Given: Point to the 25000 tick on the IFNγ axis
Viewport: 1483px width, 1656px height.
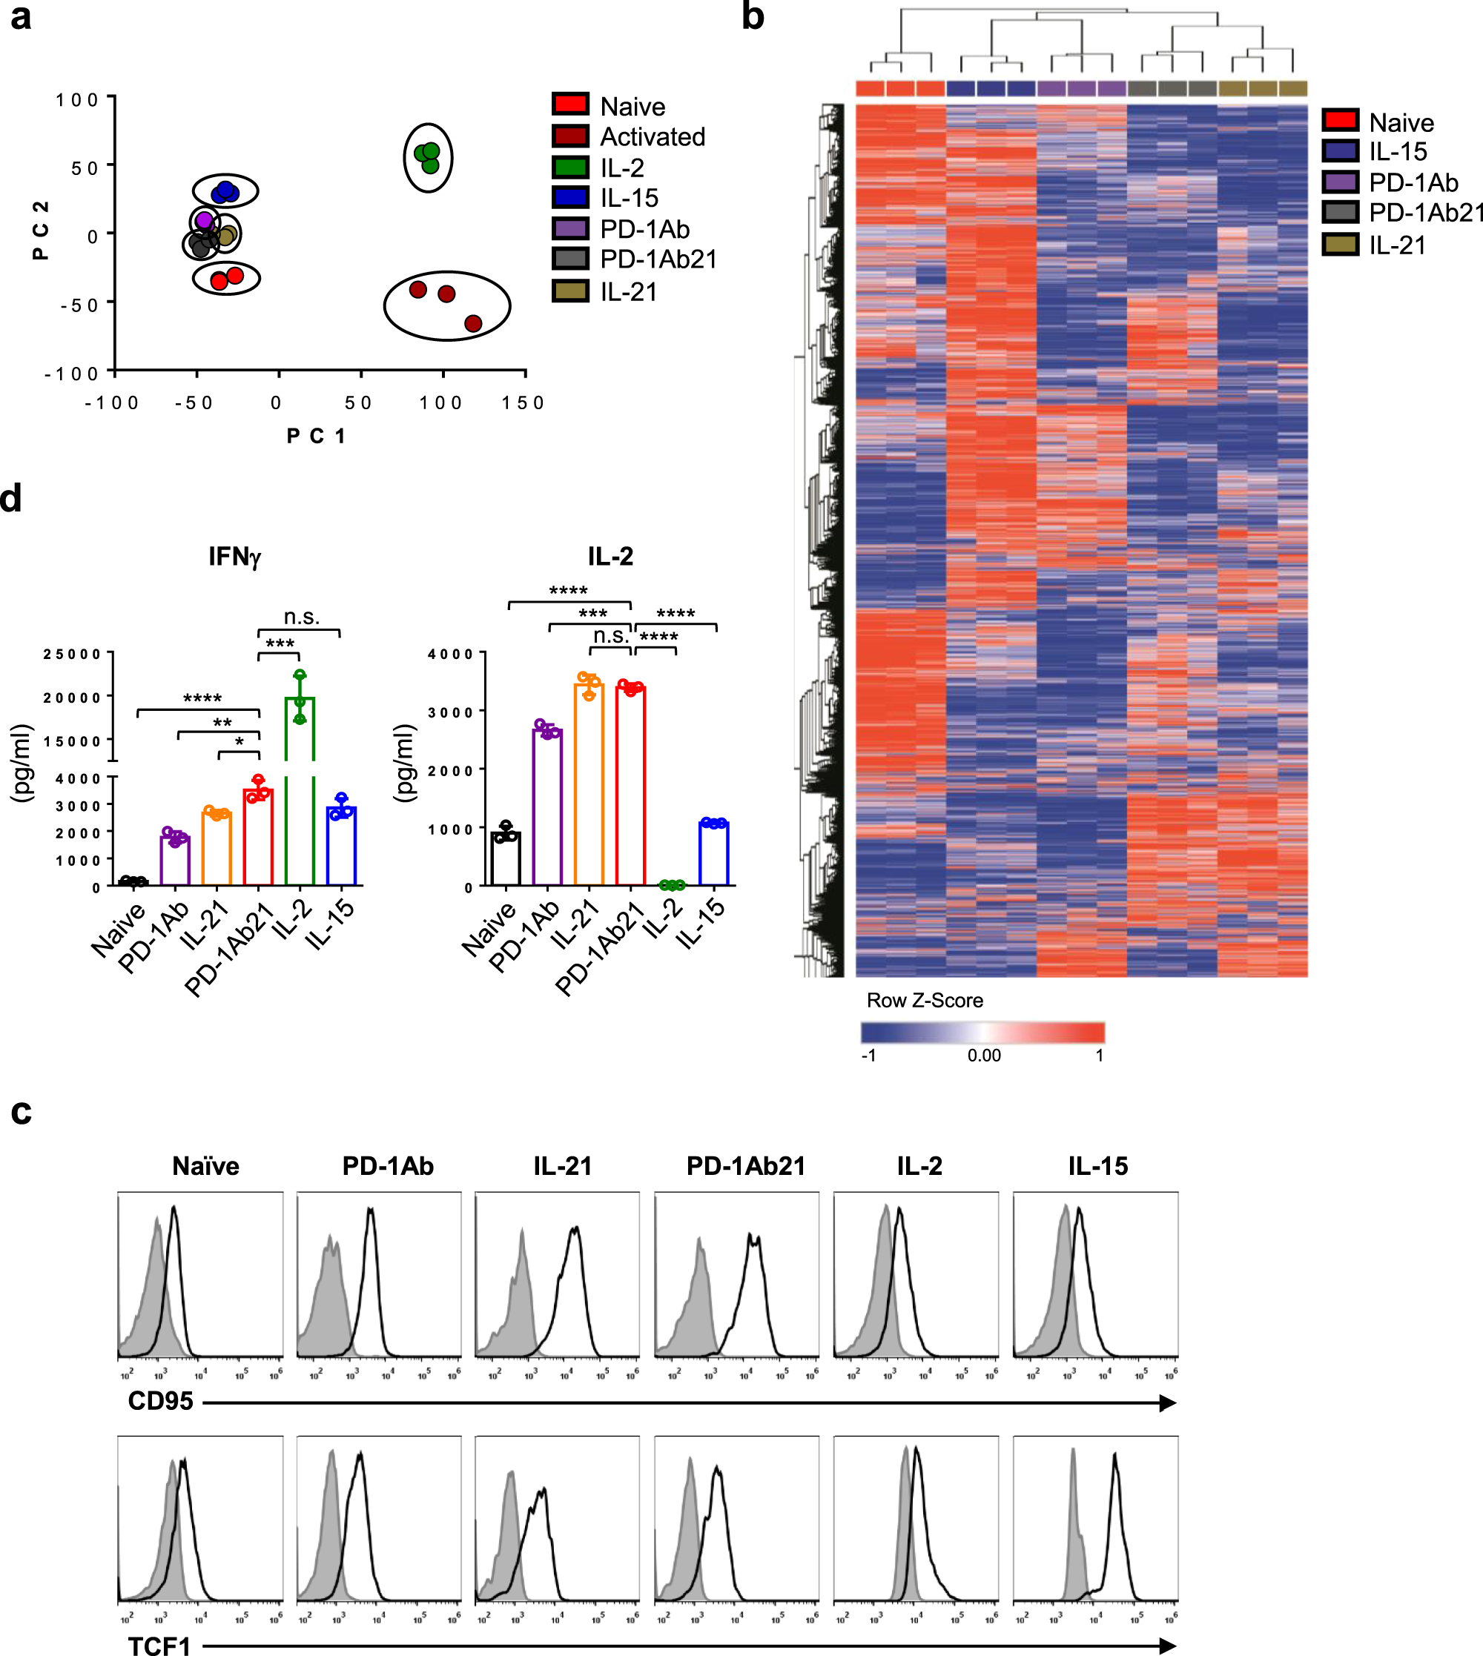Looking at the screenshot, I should click(73, 654).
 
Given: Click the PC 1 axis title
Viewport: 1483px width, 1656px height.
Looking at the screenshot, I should click(316, 436).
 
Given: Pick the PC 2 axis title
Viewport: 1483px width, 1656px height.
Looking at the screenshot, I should click(40, 231).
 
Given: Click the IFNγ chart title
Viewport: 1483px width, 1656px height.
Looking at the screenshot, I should click(234, 557).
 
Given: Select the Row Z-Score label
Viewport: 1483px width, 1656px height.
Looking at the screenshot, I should click(925, 1000).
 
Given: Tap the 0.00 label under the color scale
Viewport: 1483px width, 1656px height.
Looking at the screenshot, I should click(984, 1056).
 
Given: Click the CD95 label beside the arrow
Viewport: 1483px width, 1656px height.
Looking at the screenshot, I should click(160, 1401).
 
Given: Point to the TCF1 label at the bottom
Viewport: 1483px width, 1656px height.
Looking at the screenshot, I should click(159, 1646).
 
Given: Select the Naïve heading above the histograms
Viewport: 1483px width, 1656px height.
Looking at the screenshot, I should click(205, 1165).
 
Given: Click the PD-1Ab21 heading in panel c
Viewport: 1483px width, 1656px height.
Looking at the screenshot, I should click(745, 1165).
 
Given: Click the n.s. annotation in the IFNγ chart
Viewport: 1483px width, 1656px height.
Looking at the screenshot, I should click(302, 617).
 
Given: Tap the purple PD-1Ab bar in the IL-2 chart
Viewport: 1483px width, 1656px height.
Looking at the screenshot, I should click(547, 807).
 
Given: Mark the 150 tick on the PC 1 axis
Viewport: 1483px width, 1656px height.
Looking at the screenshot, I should click(522, 403).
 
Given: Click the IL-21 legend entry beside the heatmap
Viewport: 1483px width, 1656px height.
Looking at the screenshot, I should click(1397, 245).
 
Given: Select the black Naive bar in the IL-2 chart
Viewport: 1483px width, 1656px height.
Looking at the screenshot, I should click(506, 858).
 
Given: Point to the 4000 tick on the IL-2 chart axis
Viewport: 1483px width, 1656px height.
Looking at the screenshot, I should click(451, 654).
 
